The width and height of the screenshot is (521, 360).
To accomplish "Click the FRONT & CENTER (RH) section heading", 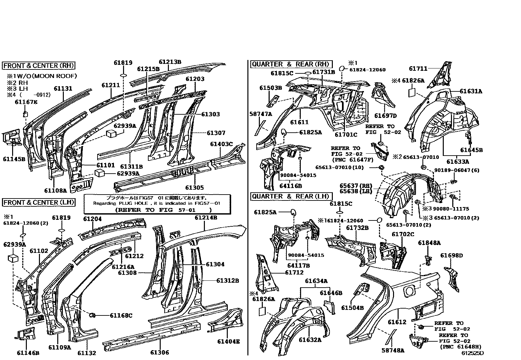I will [39, 66].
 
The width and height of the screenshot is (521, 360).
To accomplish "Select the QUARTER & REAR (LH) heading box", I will [291, 197].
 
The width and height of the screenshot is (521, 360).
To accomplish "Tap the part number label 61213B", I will [170, 62].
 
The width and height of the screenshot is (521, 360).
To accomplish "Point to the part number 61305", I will [194, 187].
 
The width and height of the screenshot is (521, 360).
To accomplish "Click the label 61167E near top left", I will [26, 102].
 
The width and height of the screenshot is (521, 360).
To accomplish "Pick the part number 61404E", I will [228, 342].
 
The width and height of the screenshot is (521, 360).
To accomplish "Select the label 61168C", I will [121, 315].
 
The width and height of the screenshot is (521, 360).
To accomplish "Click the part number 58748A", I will [393, 351].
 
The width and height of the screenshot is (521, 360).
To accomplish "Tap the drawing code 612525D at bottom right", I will [472, 353].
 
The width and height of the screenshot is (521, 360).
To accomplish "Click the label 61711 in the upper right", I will [418, 68].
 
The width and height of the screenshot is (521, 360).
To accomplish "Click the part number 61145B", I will [14, 159].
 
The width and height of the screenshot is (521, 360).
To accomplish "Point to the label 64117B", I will [298, 265].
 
